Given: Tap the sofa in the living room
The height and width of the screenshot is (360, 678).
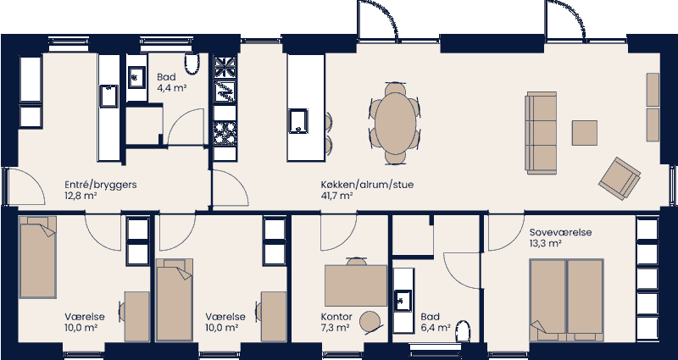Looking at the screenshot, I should [542, 132].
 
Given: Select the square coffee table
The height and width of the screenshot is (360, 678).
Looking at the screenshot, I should [585, 133].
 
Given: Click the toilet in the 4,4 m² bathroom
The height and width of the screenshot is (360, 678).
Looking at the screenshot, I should [192, 65].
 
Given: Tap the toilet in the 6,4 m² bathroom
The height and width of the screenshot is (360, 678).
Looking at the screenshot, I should [463, 332].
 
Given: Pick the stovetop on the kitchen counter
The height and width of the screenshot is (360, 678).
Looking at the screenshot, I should [225, 131].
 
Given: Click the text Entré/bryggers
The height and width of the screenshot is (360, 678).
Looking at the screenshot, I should [101, 184].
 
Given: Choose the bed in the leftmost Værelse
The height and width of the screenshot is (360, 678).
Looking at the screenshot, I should [38, 256].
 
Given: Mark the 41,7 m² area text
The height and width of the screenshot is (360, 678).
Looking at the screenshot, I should [336, 195].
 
